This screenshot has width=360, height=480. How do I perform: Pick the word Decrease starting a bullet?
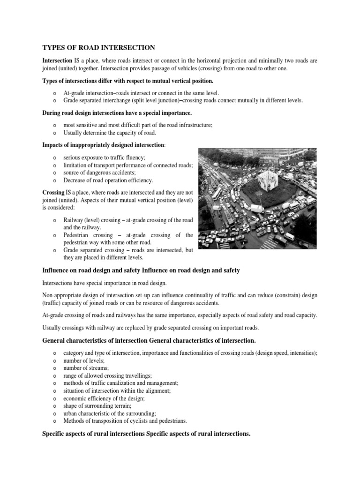click(x=75, y=180)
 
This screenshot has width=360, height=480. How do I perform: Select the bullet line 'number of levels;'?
click(x=83, y=360)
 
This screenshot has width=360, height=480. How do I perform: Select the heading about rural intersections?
click(x=147, y=434)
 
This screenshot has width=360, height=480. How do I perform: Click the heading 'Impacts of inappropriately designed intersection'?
click(x=104, y=146)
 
